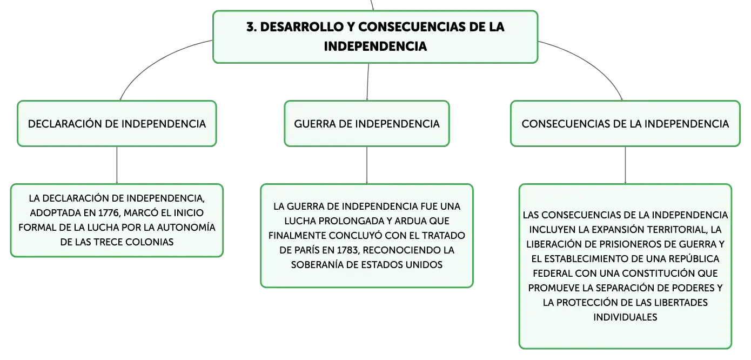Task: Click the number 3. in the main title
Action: (251, 27)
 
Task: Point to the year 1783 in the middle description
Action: (347, 250)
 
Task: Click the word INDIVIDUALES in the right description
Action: (625, 317)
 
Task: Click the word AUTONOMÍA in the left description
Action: (186, 227)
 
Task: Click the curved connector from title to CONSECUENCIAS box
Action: (590, 62)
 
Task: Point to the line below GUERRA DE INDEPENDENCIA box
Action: (367, 165)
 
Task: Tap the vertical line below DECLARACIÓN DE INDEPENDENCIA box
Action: (117, 165)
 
